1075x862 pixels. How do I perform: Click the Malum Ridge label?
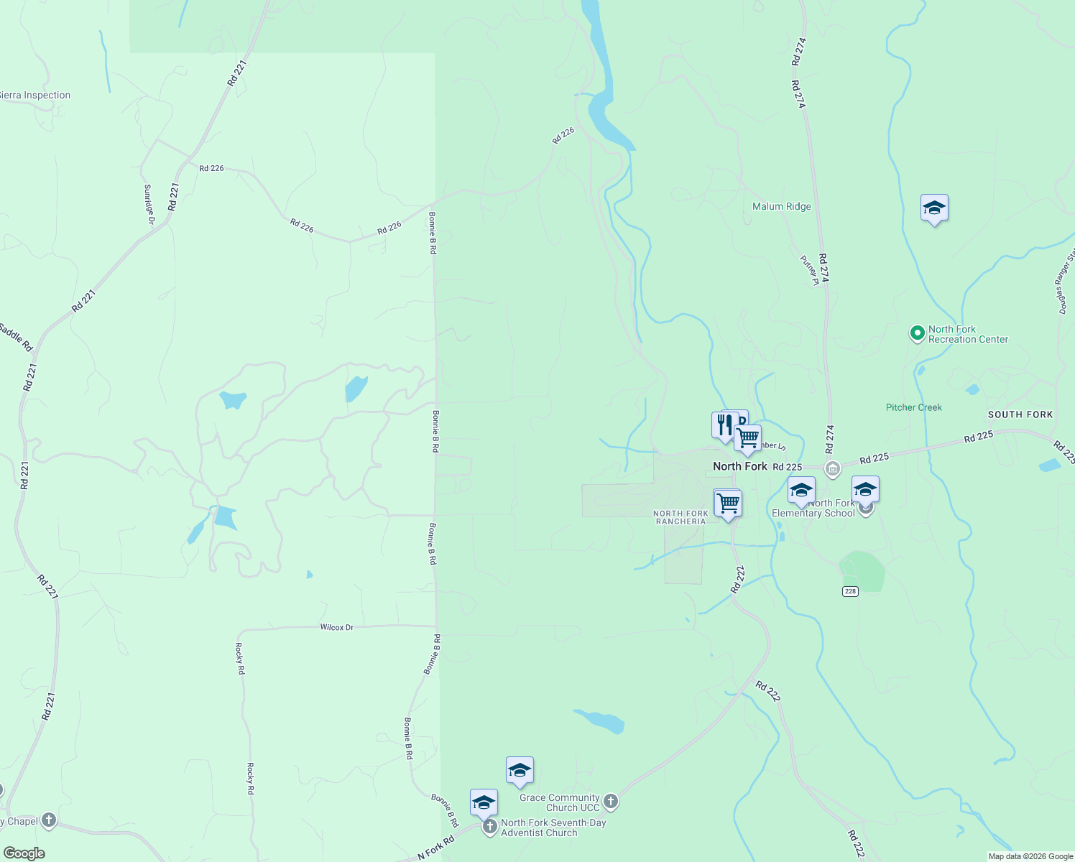781,206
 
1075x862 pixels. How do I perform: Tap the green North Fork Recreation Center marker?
917,333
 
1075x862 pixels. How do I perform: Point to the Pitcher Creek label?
913,407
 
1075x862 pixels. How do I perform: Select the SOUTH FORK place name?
1020,414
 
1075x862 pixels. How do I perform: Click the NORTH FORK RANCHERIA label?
680,517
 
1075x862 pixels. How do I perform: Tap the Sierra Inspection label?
36,95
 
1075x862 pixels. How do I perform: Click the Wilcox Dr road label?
336,627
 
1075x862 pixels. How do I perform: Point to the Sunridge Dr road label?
149,204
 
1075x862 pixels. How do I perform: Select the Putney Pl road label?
810,271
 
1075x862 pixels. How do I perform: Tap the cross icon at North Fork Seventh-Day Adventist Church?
490,827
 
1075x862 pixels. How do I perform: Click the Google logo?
24,853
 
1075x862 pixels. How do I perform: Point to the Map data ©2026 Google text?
1030,856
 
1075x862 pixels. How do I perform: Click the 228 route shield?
851,590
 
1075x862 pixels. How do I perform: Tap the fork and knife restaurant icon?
724,425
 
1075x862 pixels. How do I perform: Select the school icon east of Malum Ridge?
933,208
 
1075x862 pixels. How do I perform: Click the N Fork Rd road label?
436,848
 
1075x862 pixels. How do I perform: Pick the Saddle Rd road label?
16,338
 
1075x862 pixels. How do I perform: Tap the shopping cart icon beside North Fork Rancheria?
728,503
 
